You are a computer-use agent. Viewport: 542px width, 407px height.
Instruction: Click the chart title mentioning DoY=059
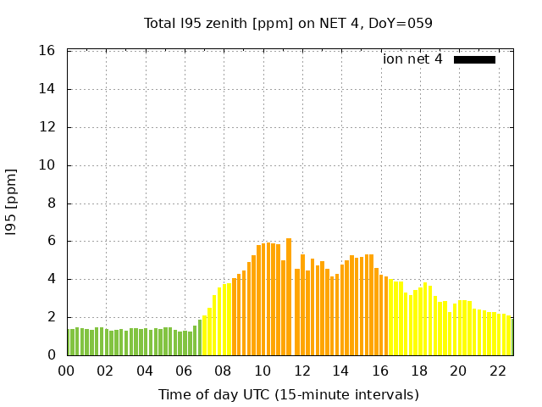[288, 23]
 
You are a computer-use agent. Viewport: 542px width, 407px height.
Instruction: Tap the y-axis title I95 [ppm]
[12, 203]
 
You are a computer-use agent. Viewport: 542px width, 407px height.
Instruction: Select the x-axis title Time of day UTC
[288, 394]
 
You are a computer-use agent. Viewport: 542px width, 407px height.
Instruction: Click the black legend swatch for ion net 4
[474, 59]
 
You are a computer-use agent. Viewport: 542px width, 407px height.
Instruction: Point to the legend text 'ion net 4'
[412, 59]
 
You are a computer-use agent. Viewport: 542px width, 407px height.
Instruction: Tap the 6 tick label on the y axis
[52, 241]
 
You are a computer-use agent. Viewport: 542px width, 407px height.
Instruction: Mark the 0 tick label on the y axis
[52, 355]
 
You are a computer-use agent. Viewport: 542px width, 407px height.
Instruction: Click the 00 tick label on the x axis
[67, 371]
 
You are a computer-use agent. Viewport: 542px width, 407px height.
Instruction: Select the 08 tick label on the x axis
[224, 371]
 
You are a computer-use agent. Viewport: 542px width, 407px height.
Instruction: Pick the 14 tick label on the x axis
[340, 371]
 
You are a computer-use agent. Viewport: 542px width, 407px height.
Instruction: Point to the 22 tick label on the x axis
[497, 371]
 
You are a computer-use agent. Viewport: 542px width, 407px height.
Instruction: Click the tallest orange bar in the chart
[289, 297]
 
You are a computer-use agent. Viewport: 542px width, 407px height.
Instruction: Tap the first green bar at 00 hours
[69, 342]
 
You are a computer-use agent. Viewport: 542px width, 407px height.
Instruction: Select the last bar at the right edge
[512, 337]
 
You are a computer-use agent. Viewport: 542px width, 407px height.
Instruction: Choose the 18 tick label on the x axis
[419, 371]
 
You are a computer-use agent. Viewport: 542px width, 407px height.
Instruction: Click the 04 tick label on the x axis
[145, 371]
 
